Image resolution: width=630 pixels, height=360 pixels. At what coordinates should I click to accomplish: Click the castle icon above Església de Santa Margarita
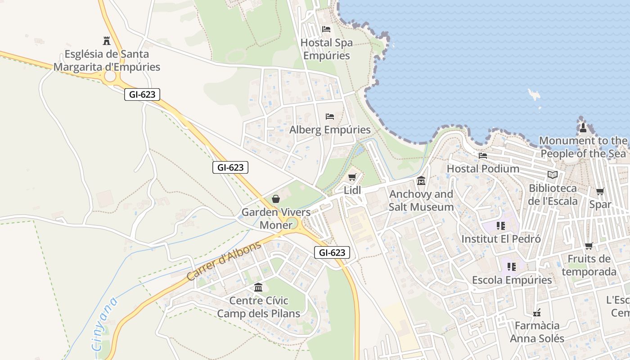[107, 41]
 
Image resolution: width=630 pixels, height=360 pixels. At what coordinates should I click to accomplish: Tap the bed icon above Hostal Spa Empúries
[326, 29]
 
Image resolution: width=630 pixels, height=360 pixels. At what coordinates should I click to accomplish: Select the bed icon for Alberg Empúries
[330, 117]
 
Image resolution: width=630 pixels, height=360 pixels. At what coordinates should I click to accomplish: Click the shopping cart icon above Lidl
[352, 177]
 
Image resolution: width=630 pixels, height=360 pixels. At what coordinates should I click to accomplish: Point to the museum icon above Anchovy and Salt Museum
[421, 181]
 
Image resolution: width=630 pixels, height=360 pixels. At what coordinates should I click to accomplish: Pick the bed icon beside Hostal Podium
[483, 156]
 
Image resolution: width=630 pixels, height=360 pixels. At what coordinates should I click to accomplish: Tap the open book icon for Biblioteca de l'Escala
[553, 175]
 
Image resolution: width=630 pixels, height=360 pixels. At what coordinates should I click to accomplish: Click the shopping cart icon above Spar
[600, 191]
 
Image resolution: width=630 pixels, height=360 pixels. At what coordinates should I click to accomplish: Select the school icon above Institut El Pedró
[500, 225]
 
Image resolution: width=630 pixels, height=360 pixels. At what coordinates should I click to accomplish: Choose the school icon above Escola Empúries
[511, 267]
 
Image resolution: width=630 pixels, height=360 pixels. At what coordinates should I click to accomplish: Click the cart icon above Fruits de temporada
[589, 246]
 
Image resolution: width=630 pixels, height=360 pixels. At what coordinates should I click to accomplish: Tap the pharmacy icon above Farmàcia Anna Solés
[536, 312]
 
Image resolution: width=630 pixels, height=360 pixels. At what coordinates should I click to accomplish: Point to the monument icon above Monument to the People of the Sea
[583, 127]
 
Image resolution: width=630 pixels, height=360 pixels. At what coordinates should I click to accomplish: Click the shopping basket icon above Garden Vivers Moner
[276, 198]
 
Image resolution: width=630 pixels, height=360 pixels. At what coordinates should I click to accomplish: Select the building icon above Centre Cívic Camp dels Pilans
[258, 287]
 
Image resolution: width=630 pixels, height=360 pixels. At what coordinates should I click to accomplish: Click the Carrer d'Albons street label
[224, 261]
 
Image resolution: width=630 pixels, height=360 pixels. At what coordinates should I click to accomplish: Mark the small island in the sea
[534, 94]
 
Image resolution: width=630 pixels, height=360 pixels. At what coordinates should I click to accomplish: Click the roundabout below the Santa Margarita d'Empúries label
[110, 77]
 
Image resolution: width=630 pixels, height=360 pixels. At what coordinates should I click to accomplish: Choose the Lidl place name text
[352, 190]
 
